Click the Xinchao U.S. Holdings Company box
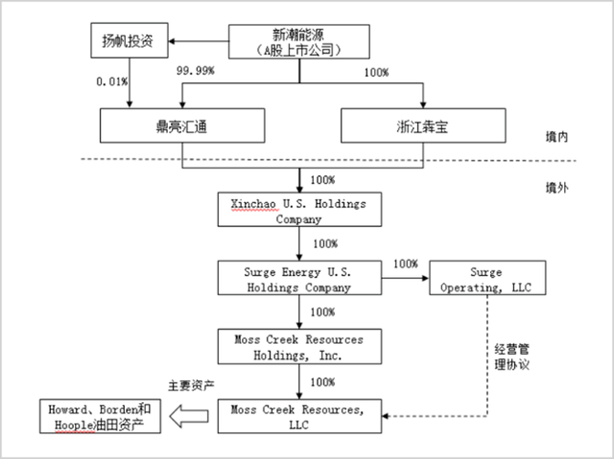(300, 211)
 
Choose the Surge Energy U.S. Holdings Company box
(300, 279)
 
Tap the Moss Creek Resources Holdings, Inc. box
(300, 348)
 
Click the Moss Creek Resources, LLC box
(300, 417)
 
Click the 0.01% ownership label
(112, 81)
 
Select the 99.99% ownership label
(196, 72)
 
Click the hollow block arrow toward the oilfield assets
(190, 416)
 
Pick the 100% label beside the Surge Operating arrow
(406, 264)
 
